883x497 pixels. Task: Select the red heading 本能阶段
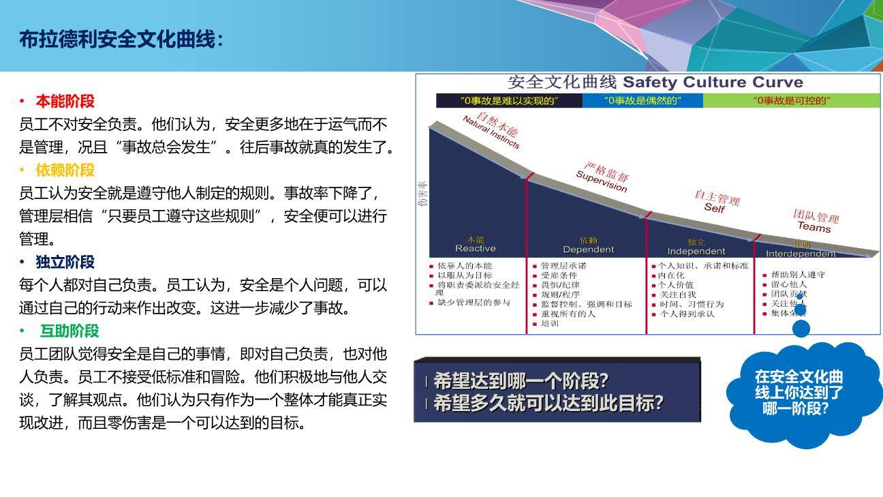(x=65, y=102)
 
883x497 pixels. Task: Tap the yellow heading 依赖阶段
(x=65, y=170)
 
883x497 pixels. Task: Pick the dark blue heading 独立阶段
(x=65, y=262)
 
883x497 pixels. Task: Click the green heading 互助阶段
(x=69, y=331)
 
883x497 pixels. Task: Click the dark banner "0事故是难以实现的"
(x=509, y=101)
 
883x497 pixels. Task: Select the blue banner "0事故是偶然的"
(x=642, y=101)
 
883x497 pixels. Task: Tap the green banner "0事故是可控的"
(x=791, y=101)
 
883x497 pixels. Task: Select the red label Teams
(x=814, y=226)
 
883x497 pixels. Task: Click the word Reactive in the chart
(x=476, y=249)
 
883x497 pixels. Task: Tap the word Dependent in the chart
(x=588, y=250)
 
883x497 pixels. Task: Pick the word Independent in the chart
(x=696, y=251)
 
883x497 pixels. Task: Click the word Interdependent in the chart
(x=801, y=254)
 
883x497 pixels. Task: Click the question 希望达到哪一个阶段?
(x=521, y=380)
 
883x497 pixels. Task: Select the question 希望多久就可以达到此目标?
(x=548, y=403)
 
